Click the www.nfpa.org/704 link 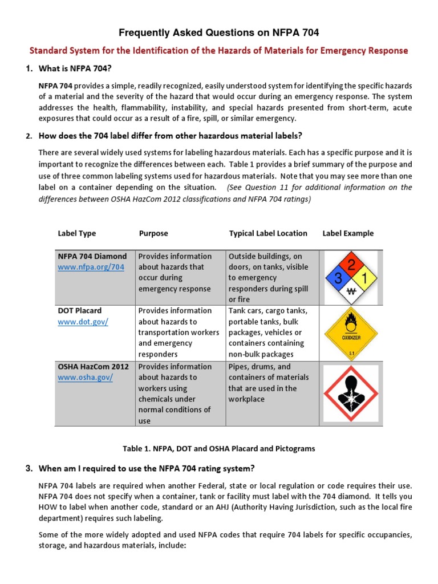click(x=91, y=267)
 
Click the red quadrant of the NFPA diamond click(x=351, y=265)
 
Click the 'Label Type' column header click(x=76, y=233)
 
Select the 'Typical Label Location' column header click(x=268, y=233)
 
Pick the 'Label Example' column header click(x=348, y=233)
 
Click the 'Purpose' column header click(x=153, y=233)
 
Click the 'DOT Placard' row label click(x=80, y=311)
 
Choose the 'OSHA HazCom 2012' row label click(x=93, y=367)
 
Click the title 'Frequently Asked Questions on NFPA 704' click(x=222, y=33)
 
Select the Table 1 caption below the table click(x=219, y=449)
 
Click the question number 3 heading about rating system click(x=146, y=469)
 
